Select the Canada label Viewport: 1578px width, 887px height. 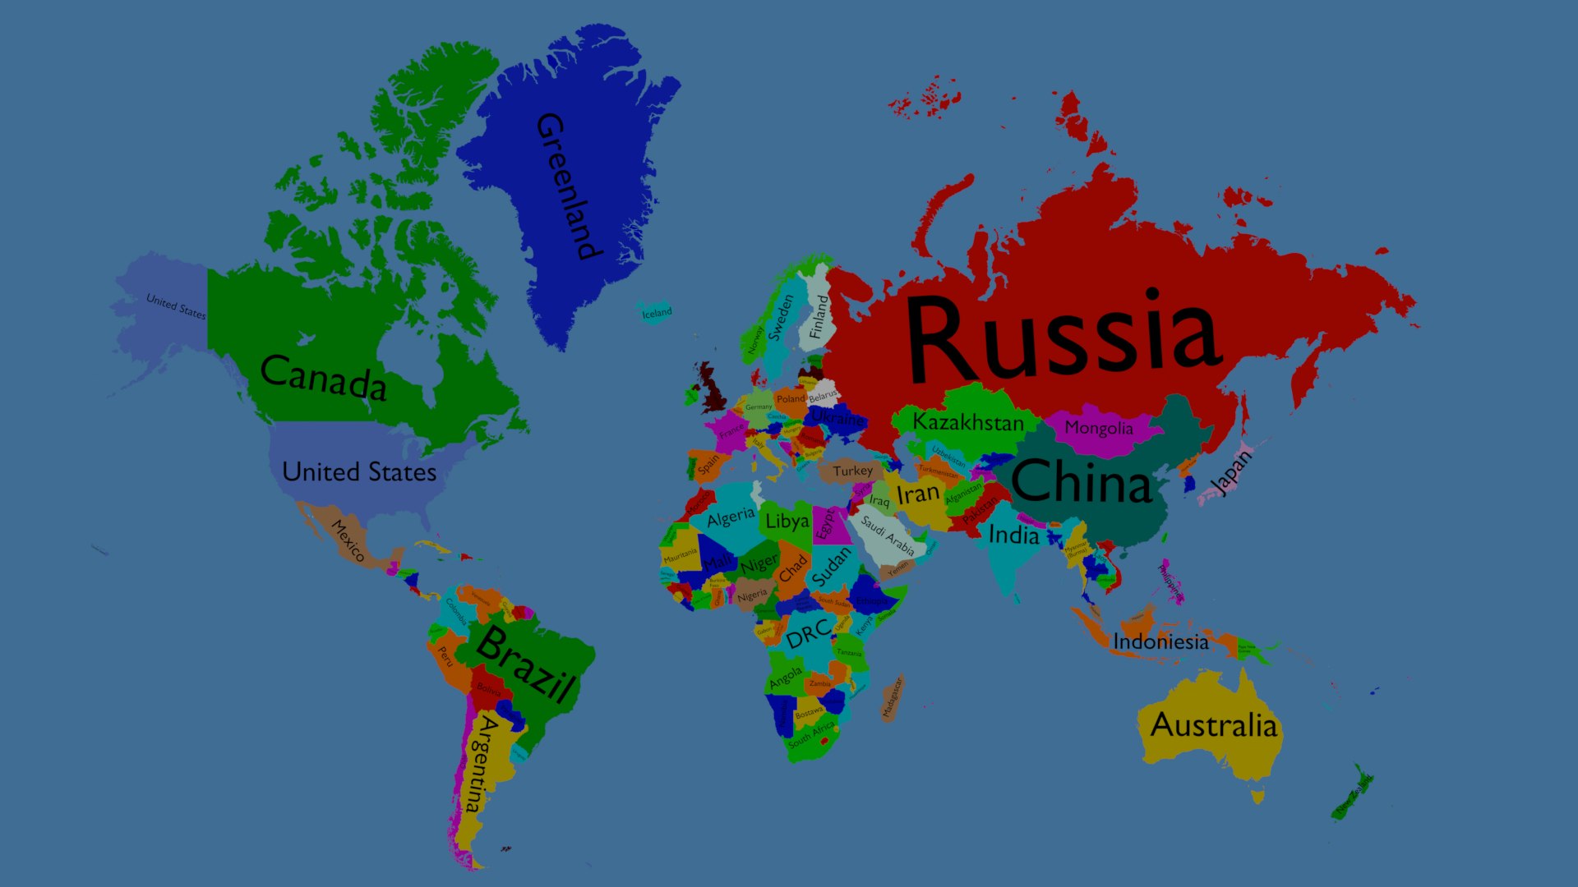tap(323, 377)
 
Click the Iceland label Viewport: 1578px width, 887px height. tap(657, 313)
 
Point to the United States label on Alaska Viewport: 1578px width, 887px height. tap(176, 306)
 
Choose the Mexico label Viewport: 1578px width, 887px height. tap(348, 540)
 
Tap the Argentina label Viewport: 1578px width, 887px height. tap(480, 762)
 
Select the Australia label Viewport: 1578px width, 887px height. tap(1213, 725)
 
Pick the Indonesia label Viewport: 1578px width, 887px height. tap(1160, 641)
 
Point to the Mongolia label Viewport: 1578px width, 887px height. tap(1099, 428)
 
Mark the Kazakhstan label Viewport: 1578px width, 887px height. tap(968, 422)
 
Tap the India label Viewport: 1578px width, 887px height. tap(1013, 535)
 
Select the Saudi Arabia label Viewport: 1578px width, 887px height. tap(888, 535)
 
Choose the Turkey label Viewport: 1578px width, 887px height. tap(852, 471)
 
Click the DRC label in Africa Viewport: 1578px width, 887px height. tap(808, 633)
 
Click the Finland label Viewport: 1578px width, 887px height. tap(819, 317)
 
